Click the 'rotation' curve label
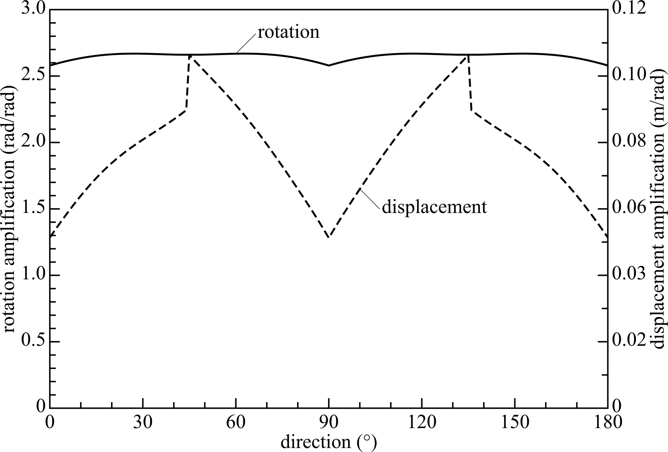pyautogui.click(x=288, y=32)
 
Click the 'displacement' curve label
pyautogui.click(x=434, y=207)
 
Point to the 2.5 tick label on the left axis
pyautogui.click(x=32, y=76)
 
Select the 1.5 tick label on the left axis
pyautogui.click(x=32, y=209)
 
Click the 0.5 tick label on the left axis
pyautogui.click(x=32, y=342)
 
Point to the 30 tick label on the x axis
pyautogui.click(x=143, y=423)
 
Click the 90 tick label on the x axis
pyautogui.click(x=329, y=423)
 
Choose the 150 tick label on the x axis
pyautogui.click(x=515, y=423)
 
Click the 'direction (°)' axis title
pyautogui.click(x=329, y=442)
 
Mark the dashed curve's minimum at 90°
pyautogui.click(x=329, y=237)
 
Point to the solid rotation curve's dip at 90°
pyautogui.click(x=329, y=65)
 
